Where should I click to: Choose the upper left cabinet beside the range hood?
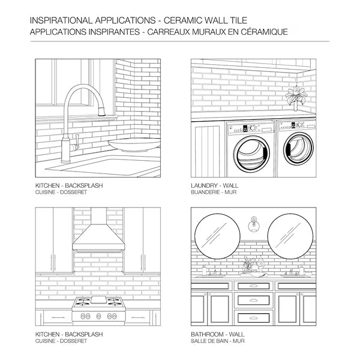point(54,240)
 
